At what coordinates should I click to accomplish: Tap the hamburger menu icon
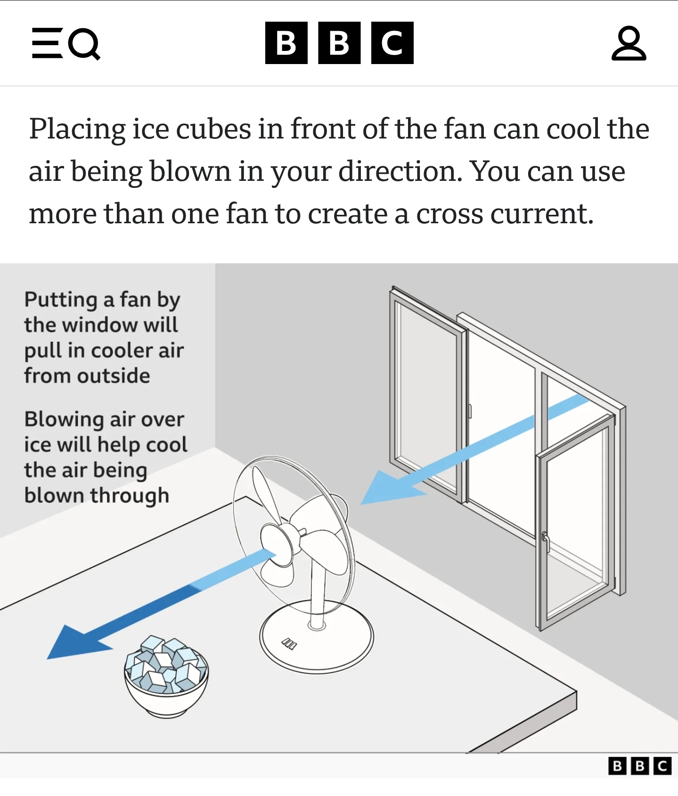(47, 43)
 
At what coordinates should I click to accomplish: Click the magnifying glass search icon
(84, 44)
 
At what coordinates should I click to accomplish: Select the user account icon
(629, 43)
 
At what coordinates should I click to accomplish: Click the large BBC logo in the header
(339, 43)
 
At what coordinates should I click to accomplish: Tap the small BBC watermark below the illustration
(640, 766)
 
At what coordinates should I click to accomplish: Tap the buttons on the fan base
(289, 644)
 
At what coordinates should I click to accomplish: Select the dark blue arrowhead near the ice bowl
(78, 642)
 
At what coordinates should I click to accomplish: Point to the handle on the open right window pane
(546, 542)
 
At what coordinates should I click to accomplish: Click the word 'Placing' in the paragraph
(77, 130)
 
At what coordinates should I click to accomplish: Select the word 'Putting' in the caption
(61, 300)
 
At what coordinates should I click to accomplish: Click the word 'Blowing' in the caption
(64, 420)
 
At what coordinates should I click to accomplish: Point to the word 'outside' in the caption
(114, 376)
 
